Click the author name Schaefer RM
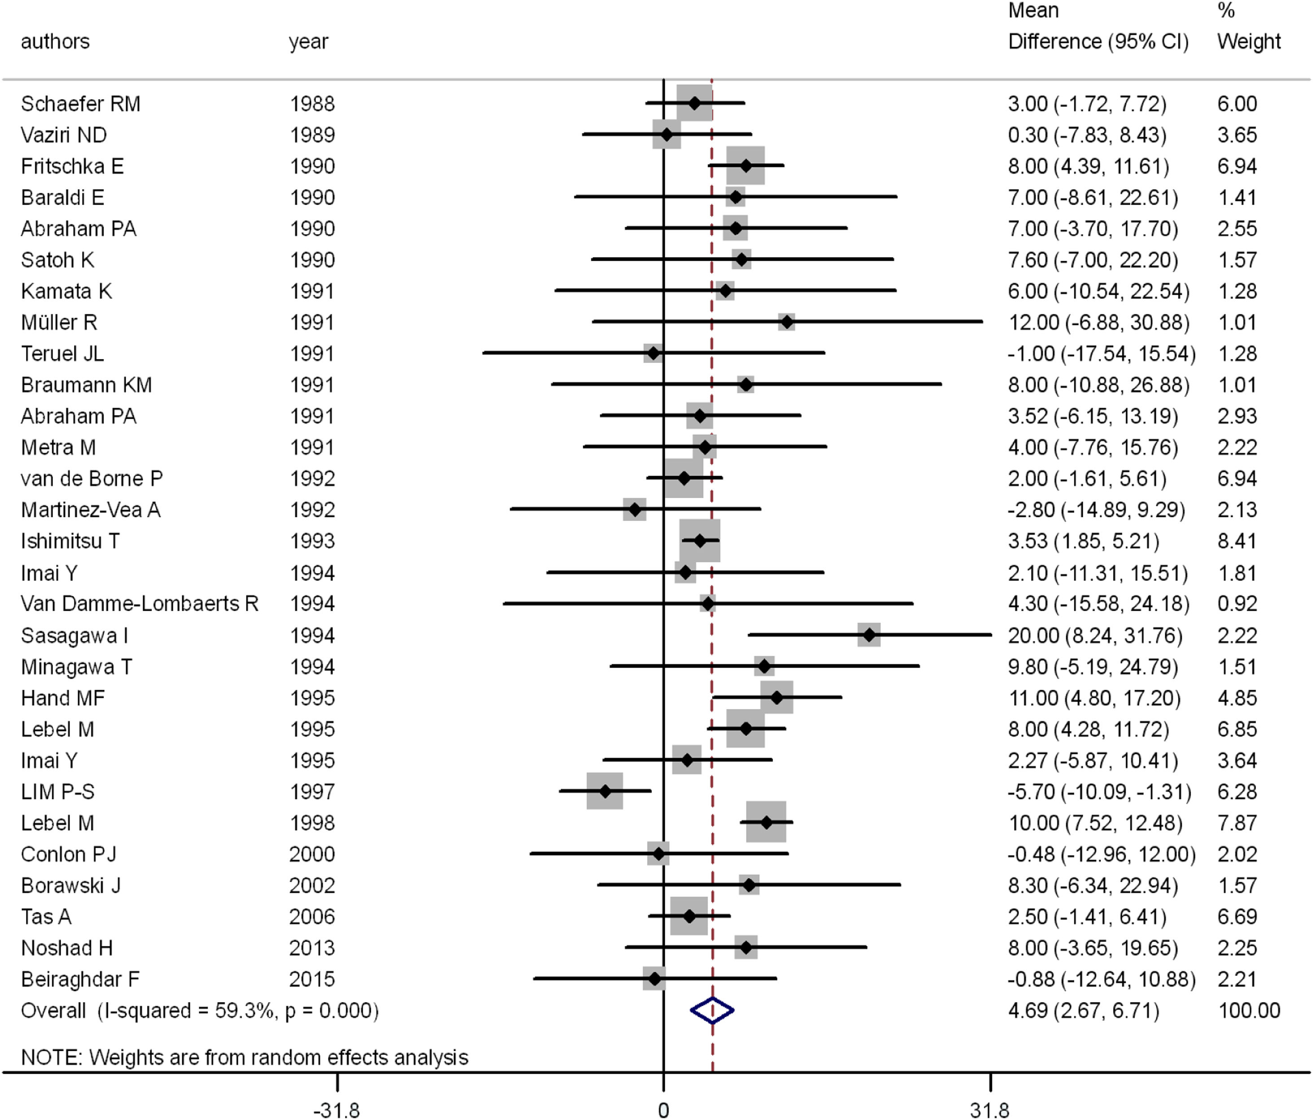[x=80, y=104]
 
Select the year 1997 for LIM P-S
[x=312, y=792]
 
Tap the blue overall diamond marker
[x=712, y=1011]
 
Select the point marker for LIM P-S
[x=605, y=791]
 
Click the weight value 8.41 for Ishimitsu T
[x=1237, y=541]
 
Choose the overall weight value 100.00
[x=1249, y=1011]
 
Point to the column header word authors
[x=55, y=42]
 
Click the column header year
[x=308, y=42]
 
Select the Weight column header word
[x=1248, y=42]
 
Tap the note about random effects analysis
[x=245, y=1057]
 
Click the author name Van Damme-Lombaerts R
[x=140, y=604]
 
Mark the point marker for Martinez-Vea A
[x=634, y=509]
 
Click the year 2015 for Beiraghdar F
[x=312, y=980]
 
